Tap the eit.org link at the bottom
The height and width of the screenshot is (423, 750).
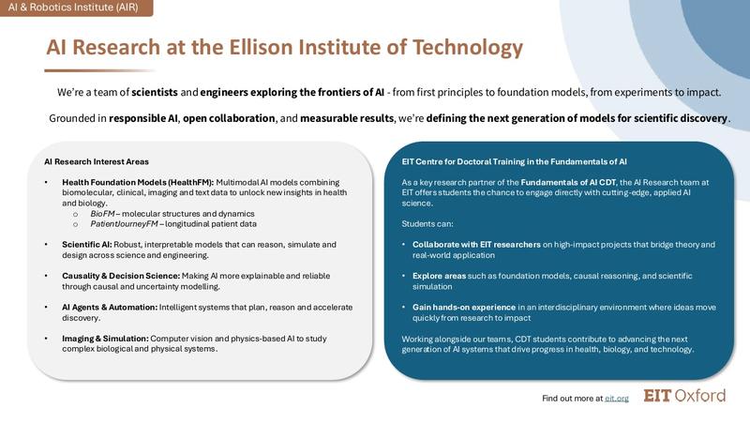[616, 399]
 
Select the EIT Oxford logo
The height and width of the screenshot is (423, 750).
[684, 396]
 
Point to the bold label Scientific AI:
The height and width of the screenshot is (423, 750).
[90, 244]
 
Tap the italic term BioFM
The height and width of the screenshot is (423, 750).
[103, 214]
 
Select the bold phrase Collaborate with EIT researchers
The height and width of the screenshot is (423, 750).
[475, 244]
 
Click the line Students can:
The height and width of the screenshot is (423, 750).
[427, 223]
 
